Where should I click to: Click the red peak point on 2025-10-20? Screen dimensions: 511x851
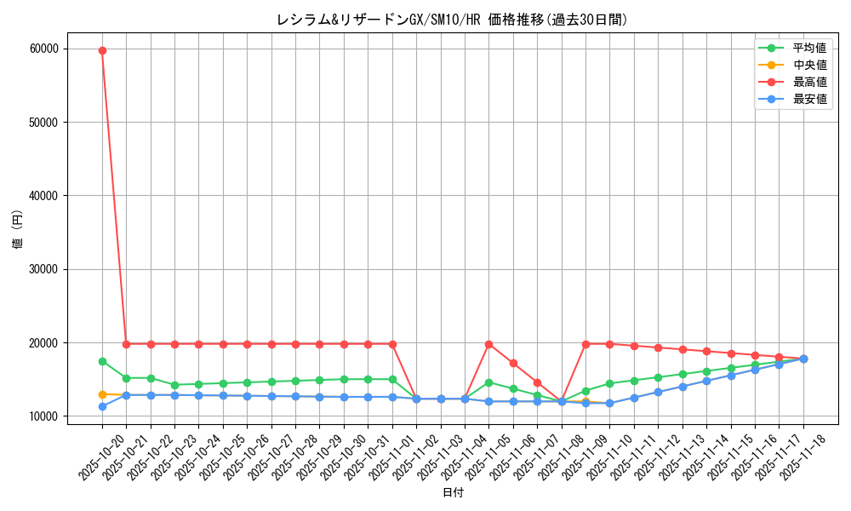(x=102, y=50)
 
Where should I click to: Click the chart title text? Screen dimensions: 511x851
(x=452, y=20)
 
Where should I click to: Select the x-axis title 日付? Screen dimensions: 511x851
(x=452, y=493)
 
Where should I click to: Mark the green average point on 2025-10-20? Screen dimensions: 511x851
(x=102, y=361)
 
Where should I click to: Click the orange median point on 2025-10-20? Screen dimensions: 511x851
(x=102, y=394)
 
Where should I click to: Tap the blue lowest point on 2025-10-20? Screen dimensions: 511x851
(x=102, y=406)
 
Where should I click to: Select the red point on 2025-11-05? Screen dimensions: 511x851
(x=488, y=344)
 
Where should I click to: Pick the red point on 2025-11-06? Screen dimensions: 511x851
(x=513, y=363)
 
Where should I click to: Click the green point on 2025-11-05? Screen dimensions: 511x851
(x=488, y=382)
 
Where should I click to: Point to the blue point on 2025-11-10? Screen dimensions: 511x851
(x=609, y=403)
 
